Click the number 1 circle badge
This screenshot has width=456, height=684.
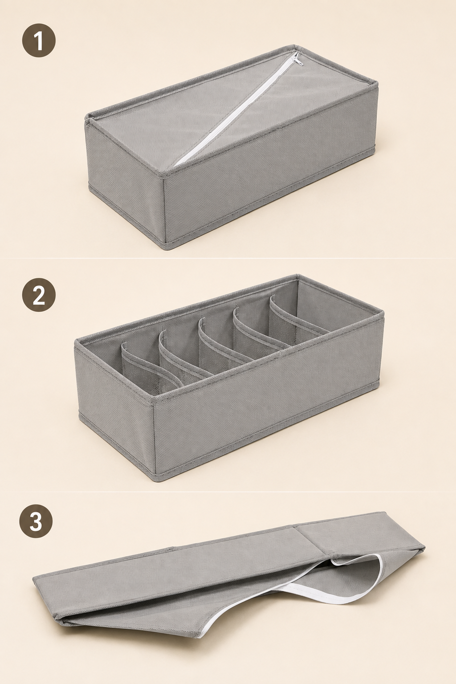(39, 41)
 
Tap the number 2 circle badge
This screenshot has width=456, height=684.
(39, 295)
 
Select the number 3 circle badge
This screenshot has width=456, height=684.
(36, 521)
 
